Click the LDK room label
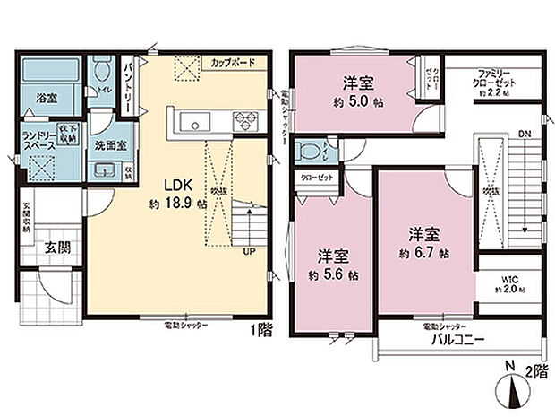[177, 186]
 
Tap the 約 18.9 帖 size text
[177, 204]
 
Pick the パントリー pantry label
[128, 84]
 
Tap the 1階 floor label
[260, 328]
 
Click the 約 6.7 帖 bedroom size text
[423, 254]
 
